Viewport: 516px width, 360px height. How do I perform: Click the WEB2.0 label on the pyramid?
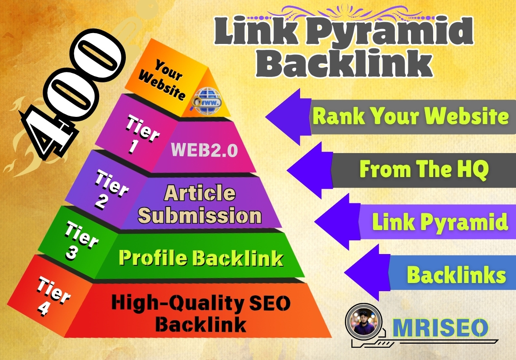point(204,150)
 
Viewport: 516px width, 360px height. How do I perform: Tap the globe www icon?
point(207,101)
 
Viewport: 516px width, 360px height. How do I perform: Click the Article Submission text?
point(200,204)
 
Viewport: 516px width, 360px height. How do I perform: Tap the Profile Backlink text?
point(201,258)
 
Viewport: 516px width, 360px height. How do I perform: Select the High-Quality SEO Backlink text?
point(201,313)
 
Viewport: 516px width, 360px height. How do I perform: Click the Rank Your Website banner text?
point(411,116)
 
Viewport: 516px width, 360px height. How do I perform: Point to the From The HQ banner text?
point(424,169)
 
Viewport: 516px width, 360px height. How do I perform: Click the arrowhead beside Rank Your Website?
point(288,117)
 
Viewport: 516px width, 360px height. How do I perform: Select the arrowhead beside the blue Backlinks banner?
point(367,273)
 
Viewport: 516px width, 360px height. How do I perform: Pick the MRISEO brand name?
point(440,328)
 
